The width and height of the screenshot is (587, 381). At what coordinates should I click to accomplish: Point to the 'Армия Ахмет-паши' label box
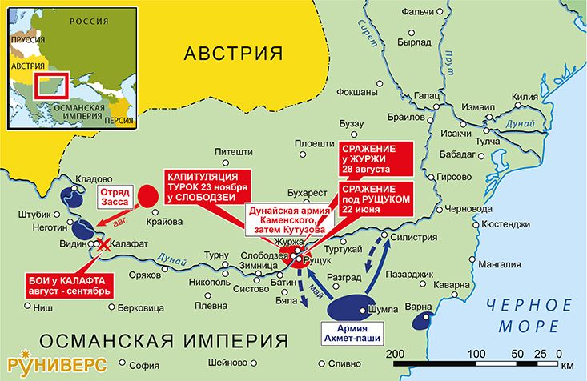point(352,331)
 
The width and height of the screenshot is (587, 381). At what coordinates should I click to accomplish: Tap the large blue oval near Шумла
point(352,306)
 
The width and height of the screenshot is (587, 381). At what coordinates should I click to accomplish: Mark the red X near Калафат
point(103,250)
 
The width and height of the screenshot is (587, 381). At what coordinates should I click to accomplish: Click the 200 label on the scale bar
point(394,353)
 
